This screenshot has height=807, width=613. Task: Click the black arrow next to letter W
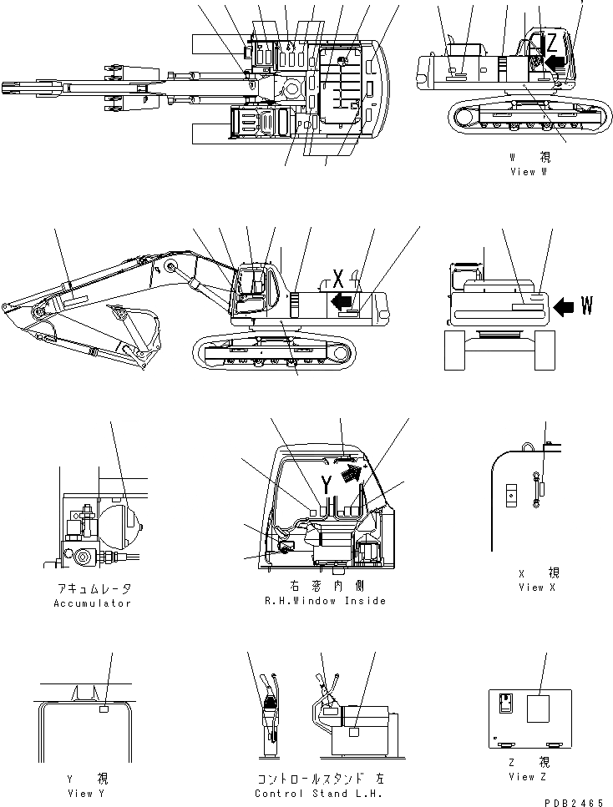pos(565,307)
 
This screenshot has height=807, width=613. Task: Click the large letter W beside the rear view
pos(587,307)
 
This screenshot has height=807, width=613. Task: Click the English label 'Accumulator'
pos(92,603)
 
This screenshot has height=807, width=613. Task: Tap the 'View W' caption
pos(528,172)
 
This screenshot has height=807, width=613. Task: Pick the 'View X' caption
pos(531,587)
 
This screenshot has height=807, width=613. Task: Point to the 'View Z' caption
pos(523,776)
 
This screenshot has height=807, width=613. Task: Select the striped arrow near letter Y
pos(354,477)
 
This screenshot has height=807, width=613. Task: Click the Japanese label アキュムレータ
pos(92,589)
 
